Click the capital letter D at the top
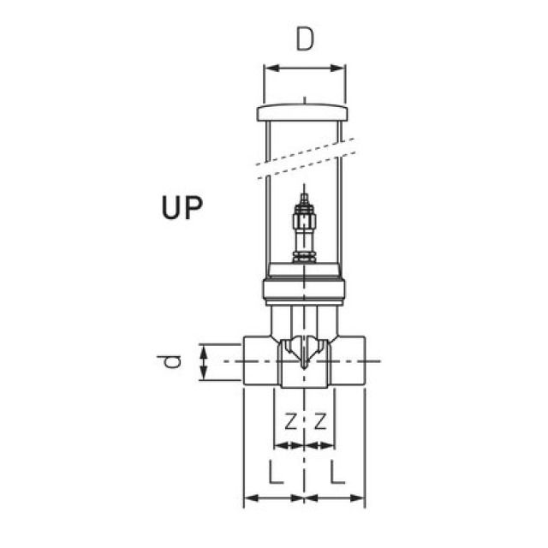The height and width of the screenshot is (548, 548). [x=305, y=40]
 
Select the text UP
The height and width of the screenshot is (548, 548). [x=182, y=207]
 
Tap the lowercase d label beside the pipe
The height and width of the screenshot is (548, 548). [x=175, y=360]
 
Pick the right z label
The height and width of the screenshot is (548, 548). [x=321, y=421]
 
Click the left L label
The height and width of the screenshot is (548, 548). [x=274, y=473]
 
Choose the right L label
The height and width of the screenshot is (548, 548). [x=337, y=473]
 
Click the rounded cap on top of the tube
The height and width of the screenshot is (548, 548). [x=305, y=112]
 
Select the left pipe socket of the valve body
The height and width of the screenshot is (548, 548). [x=257, y=360]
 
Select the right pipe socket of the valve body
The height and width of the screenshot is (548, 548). [x=352, y=360]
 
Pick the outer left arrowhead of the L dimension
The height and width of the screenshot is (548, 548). [x=249, y=497]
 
